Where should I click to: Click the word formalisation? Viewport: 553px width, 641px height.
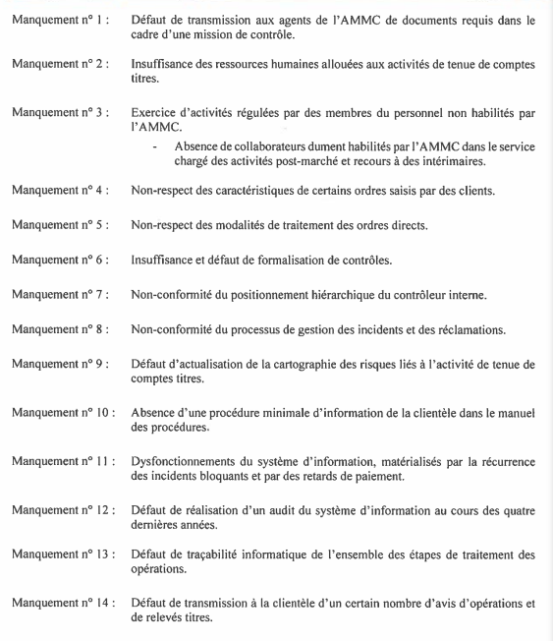(290, 260)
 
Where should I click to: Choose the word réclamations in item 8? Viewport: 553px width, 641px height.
(493, 329)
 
